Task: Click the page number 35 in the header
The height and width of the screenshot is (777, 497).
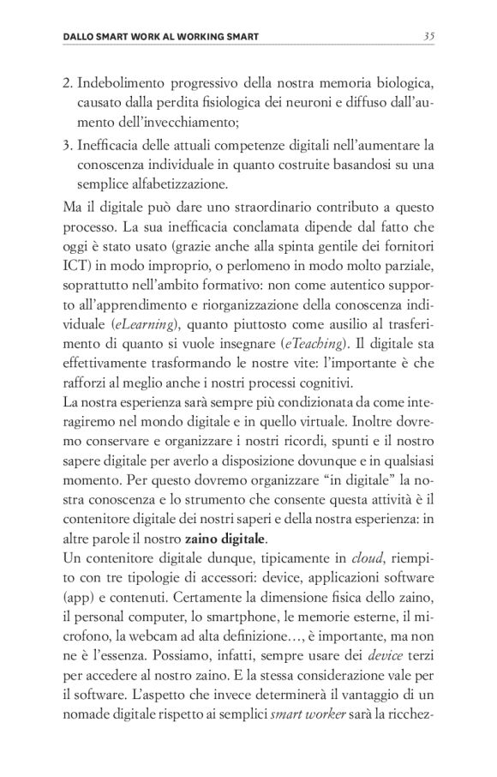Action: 429,36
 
